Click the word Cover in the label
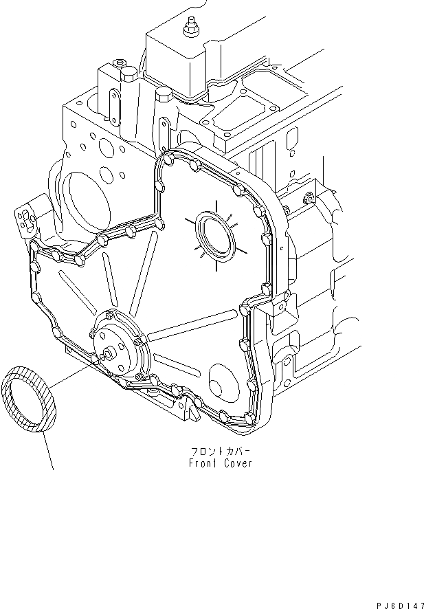pyautogui.click(x=238, y=463)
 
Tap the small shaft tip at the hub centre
pyautogui.click(x=108, y=355)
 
